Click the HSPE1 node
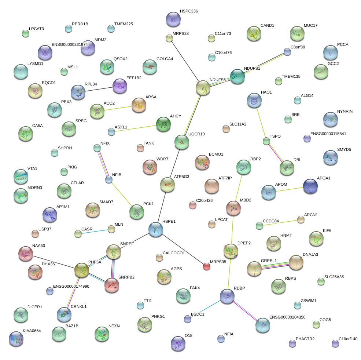click(x=156, y=229)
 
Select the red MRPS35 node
click(x=207, y=266)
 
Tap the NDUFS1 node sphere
click(x=237, y=76)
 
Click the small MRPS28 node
click(x=169, y=38)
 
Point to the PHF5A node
click(x=81, y=270)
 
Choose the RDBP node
click(x=227, y=296)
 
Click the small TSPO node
click(x=266, y=141)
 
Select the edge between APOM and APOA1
click(x=290, y=189)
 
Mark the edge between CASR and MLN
click(x=95, y=231)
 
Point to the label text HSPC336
click(x=189, y=11)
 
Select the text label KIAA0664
click(x=32, y=331)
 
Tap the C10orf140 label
click(x=348, y=339)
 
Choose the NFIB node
click(x=108, y=179)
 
